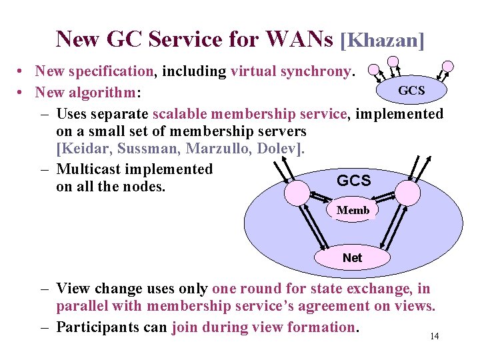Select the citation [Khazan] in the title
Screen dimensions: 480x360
(382, 40)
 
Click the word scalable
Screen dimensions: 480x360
(184, 114)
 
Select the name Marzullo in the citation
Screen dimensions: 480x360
(231, 147)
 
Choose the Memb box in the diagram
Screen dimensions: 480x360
(353, 211)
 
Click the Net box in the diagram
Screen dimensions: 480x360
(352, 257)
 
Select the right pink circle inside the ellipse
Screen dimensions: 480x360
(407, 193)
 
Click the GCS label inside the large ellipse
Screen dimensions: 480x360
(354, 181)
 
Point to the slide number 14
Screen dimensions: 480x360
(434, 336)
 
